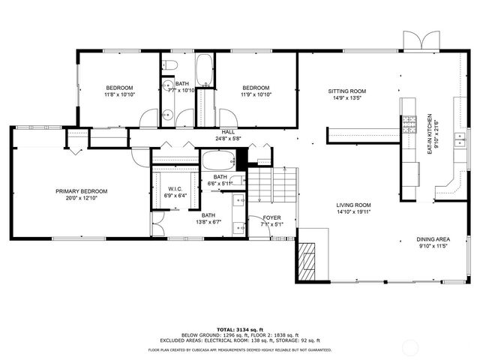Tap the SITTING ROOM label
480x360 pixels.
[346, 91]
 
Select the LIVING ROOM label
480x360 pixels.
[353, 205]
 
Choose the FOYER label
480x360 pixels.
[271, 217]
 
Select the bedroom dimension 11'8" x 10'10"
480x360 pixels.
[119, 94]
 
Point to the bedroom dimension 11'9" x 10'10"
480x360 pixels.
[256, 94]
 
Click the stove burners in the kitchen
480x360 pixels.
[409, 124]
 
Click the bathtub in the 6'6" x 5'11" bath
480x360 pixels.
[217, 160]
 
